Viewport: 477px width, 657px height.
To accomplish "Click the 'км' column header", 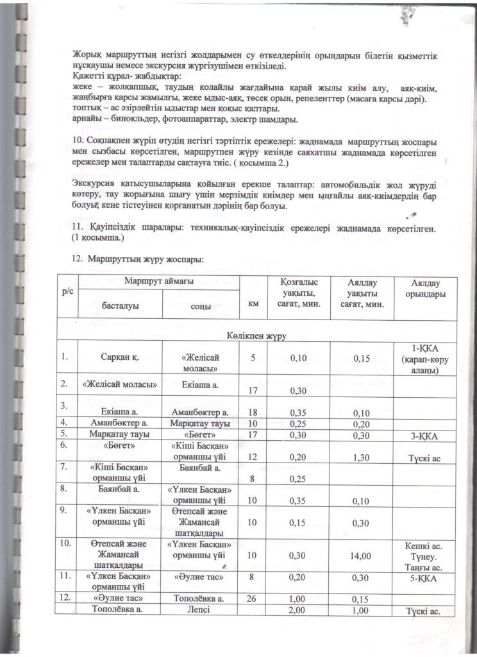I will [x=253, y=304].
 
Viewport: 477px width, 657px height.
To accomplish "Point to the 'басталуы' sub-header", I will [x=121, y=305].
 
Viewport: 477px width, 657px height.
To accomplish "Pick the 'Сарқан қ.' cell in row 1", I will [x=120, y=358].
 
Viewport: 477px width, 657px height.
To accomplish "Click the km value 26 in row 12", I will [x=253, y=599].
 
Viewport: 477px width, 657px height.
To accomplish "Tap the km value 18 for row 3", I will [x=253, y=411].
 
